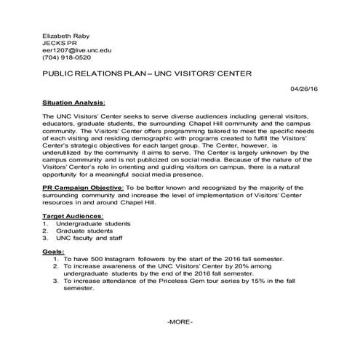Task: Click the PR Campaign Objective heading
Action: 83,187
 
